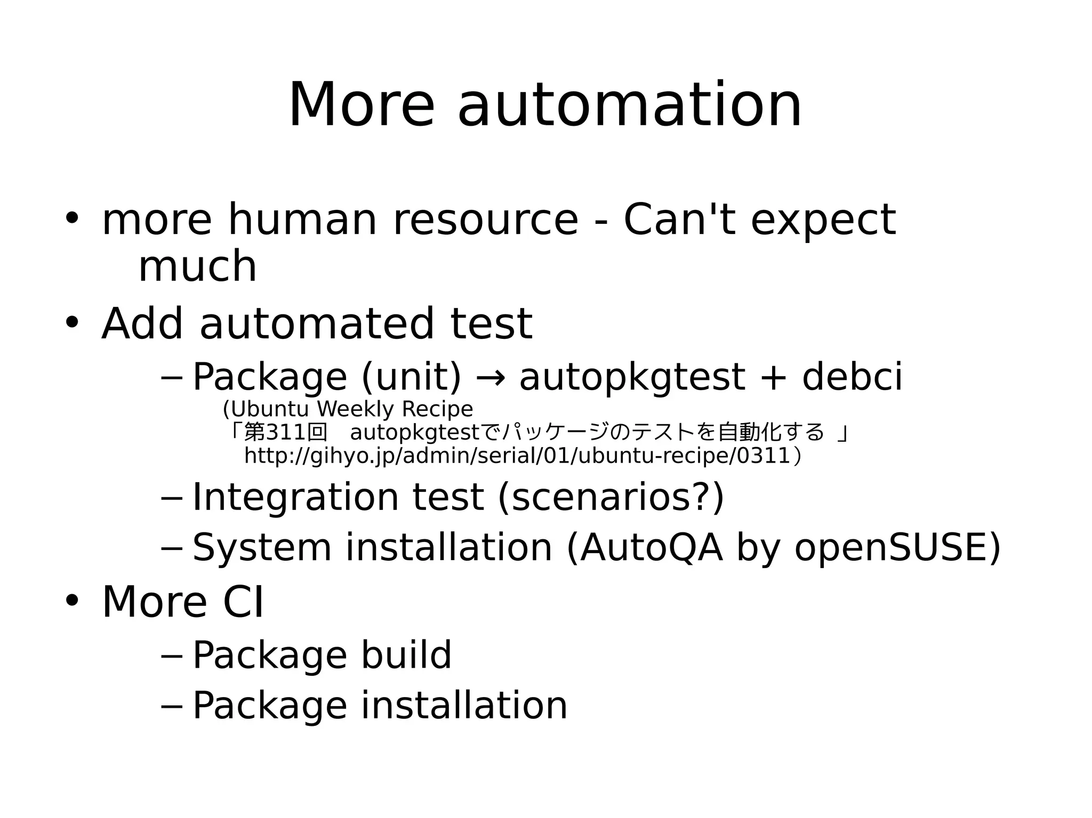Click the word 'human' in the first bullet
(x=302, y=220)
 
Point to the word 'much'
(x=197, y=266)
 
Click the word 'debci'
(x=852, y=377)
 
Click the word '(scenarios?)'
(x=611, y=497)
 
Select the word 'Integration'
(x=295, y=497)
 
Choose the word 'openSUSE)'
(x=897, y=548)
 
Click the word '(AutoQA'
(x=644, y=548)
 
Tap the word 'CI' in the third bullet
(x=243, y=602)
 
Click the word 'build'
(x=406, y=655)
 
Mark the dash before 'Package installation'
(x=171, y=707)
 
